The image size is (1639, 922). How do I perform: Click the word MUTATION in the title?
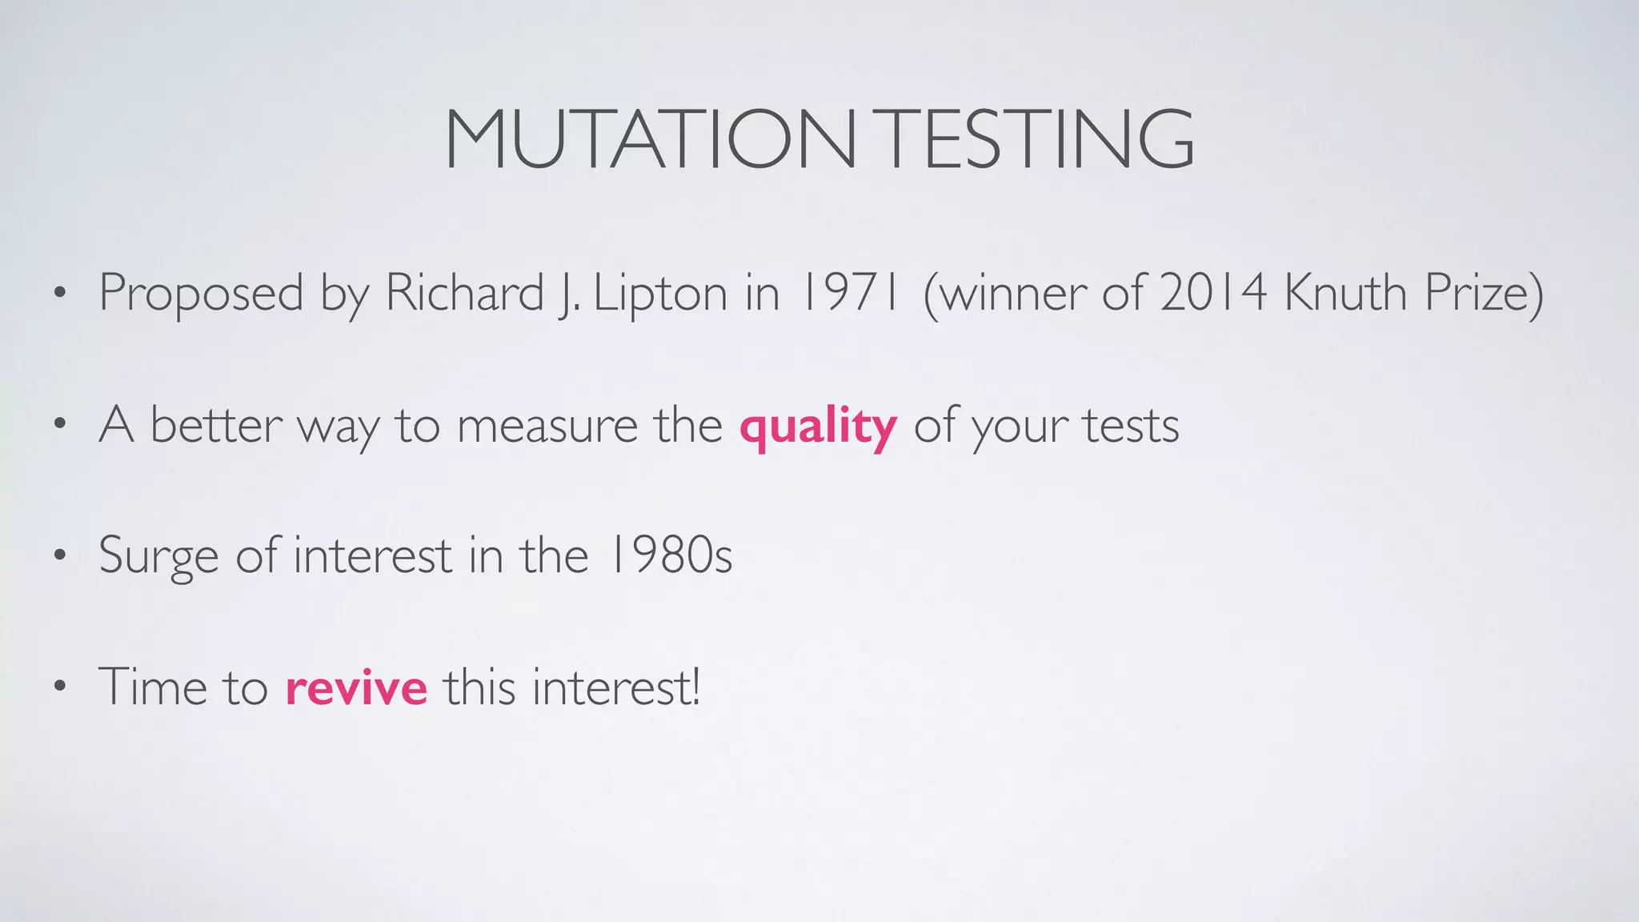point(650,140)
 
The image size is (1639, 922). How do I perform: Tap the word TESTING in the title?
point(1039,140)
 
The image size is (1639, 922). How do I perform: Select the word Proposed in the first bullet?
point(201,294)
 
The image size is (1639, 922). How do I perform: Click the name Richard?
point(465,292)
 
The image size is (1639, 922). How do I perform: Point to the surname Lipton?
point(661,294)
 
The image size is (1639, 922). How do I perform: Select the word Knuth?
point(1345,292)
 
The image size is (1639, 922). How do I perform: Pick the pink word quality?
point(818,427)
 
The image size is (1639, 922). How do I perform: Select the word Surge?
point(158,556)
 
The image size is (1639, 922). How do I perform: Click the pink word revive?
point(356,687)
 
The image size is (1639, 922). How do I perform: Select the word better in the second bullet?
point(216,425)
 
